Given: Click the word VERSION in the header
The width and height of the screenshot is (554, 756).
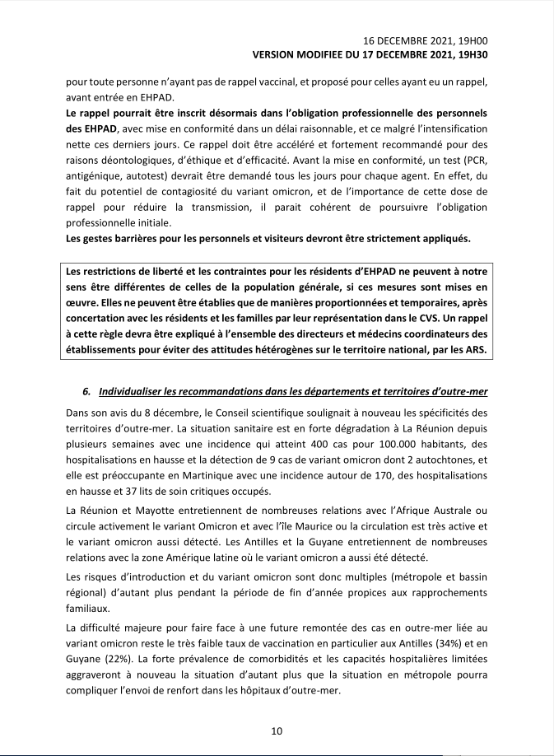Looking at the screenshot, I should [277, 54].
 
